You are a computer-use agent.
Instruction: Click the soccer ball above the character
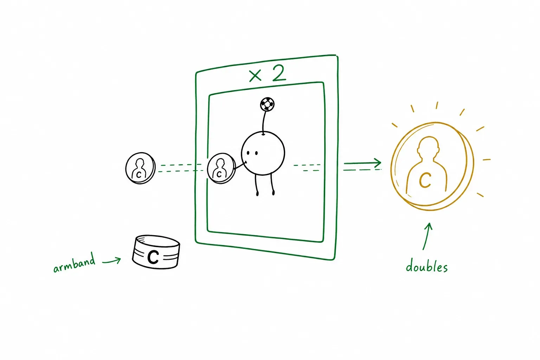tap(267, 104)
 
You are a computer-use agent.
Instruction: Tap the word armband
tap(74, 263)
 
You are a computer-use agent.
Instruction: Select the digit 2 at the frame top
tap(279, 73)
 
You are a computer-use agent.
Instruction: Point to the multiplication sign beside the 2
tap(255, 76)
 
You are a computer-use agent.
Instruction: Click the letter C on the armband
tap(153, 257)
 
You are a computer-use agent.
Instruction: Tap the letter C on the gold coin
tap(425, 180)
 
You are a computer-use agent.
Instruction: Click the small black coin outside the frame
tap(140, 168)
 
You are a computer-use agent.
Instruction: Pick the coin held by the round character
tap(221, 168)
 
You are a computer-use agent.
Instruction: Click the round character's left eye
tap(248, 153)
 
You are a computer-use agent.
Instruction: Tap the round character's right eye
tap(256, 153)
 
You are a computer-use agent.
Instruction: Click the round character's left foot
tap(257, 193)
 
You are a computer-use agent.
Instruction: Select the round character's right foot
tap(273, 192)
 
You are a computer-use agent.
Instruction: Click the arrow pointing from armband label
tap(111, 261)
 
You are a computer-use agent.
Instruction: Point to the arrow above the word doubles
tap(427, 236)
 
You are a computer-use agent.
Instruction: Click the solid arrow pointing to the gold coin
tap(362, 163)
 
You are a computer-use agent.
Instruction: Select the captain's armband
tap(156, 252)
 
